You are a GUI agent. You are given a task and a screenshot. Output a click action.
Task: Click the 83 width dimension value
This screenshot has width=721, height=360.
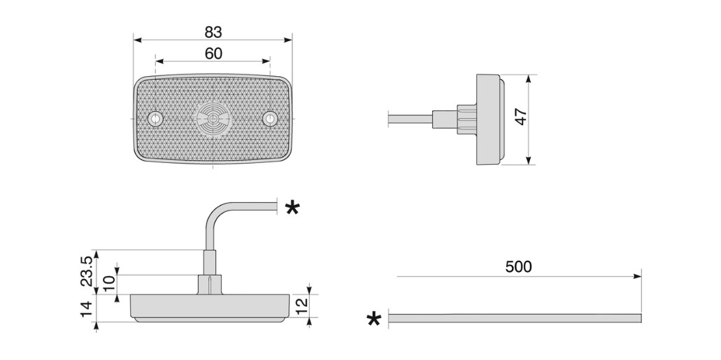click(213, 32)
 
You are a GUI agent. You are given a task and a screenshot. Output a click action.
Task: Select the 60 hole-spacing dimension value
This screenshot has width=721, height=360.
click(213, 54)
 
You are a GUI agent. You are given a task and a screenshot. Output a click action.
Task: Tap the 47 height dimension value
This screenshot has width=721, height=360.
click(521, 117)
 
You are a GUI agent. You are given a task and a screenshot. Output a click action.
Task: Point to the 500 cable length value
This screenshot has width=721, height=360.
click(518, 266)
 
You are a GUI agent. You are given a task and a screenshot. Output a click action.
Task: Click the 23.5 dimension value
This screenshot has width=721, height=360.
click(87, 271)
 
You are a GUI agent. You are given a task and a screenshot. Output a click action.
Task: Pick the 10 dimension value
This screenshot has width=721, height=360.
click(108, 283)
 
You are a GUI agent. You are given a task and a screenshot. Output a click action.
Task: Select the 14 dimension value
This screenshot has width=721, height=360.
click(87, 310)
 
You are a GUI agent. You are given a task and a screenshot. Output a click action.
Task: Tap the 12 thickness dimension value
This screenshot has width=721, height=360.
click(301, 305)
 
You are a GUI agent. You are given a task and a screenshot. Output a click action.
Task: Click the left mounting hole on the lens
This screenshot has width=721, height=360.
click(155, 119)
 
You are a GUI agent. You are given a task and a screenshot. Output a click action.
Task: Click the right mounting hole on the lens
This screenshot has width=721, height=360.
click(270, 119)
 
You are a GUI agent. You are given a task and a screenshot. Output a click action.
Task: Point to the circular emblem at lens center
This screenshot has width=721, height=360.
click(213, 119)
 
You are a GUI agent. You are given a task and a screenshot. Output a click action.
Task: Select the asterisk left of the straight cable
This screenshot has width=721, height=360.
click(374, 319)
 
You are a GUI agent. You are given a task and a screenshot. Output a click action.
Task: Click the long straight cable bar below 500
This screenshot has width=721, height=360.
click(515, 318)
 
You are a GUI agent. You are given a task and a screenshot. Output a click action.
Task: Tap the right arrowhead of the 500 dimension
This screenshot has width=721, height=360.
click(637, 276)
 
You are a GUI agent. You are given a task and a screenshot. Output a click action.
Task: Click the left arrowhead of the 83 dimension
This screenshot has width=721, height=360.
click(138, 40)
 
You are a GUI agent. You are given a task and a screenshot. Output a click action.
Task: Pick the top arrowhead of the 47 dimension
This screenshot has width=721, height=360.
click(528, 78)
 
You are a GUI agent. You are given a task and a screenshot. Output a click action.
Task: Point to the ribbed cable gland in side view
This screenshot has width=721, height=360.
click(466, 119)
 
